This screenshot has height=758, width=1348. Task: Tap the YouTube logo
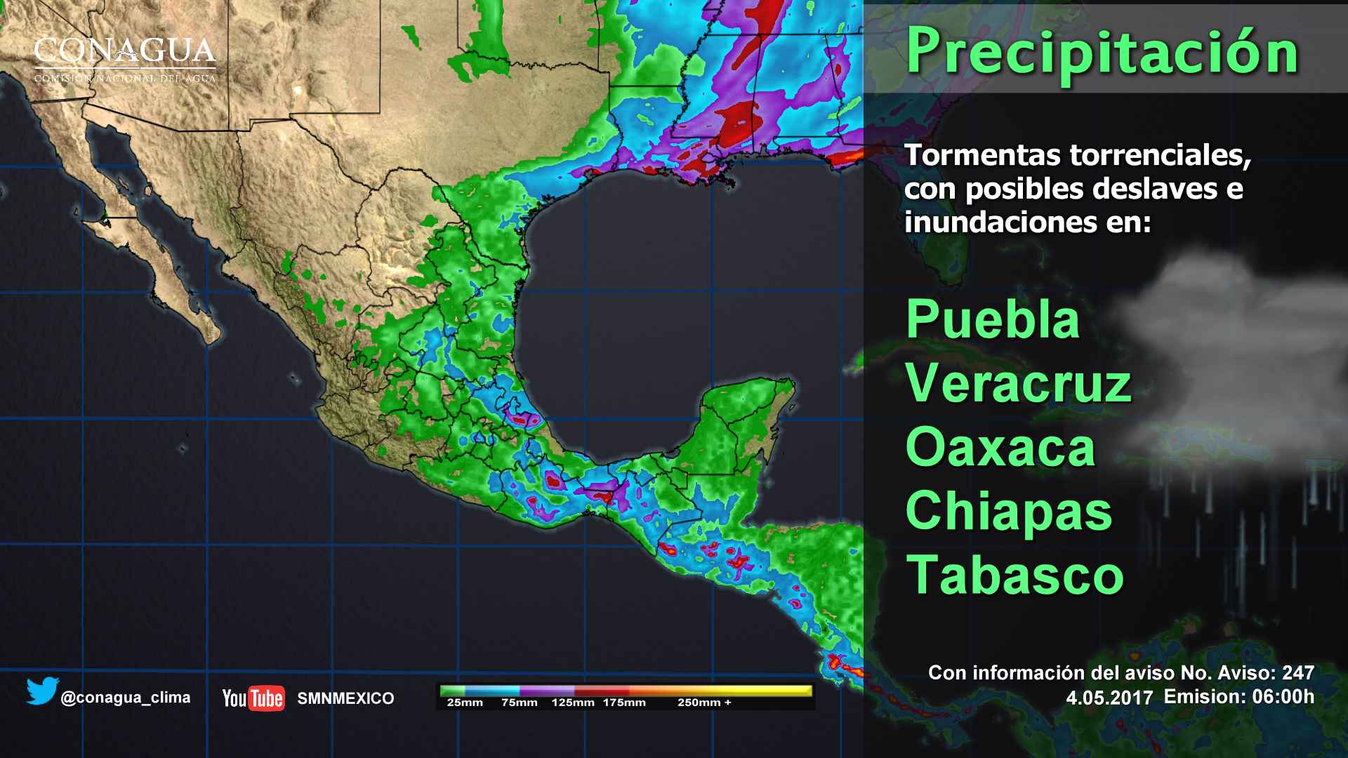253,698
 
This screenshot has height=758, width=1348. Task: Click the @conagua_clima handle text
126,698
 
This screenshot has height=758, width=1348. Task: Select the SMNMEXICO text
345,698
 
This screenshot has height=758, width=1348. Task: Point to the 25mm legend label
465,703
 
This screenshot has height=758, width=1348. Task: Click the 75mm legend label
520,703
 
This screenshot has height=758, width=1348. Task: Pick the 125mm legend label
573,703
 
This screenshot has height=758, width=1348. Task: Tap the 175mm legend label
624,703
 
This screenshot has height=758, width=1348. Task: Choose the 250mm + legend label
704,703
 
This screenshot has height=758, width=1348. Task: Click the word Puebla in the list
993,319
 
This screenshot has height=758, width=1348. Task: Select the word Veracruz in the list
1018,384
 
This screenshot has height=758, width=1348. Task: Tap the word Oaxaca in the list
1000,448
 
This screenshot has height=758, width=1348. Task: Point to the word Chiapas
1009,512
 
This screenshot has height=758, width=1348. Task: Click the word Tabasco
1015,575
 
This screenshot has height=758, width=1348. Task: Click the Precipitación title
1102,51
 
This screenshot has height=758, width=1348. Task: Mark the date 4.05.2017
1109,698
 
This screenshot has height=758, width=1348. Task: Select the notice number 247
1298,672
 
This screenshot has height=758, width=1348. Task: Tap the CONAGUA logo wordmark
125,53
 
